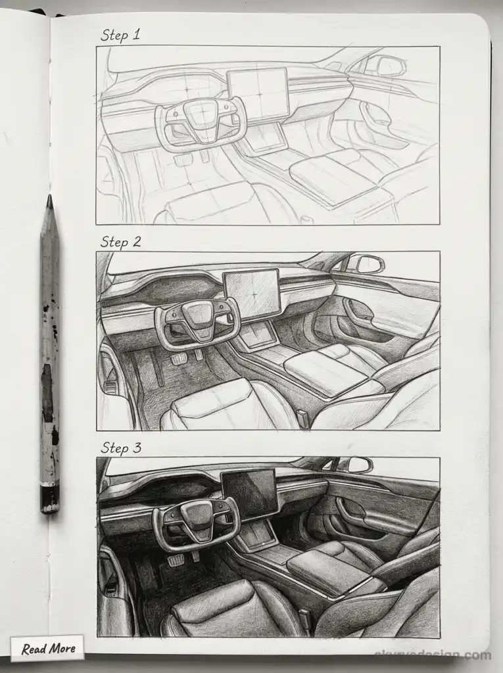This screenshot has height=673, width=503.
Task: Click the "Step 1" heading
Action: [x=120, y=34]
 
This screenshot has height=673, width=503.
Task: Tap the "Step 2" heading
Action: [x=120, y=241]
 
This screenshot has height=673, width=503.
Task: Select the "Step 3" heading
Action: [x=121, y=448]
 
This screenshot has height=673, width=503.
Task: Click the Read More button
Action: [x=47, y=649]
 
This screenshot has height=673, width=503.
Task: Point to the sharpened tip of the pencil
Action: [x=49, y=200]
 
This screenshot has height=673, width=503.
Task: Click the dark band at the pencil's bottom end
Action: [x=50, y=498]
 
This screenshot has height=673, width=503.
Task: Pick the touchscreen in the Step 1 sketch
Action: [x=258, y=93]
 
